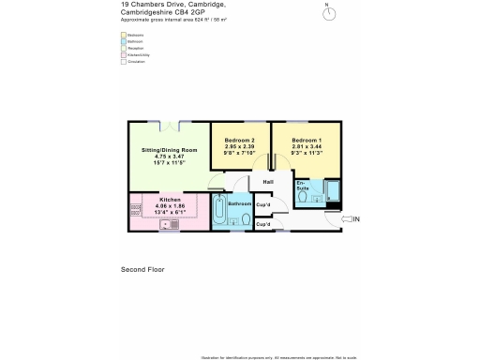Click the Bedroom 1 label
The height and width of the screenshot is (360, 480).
307,140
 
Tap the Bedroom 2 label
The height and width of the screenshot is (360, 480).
240,140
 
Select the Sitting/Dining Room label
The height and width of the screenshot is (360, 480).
170,150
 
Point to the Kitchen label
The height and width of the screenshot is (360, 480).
170,200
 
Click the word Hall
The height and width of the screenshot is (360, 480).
267,182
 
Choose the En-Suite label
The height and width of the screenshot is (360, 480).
302,187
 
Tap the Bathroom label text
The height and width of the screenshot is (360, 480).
240,203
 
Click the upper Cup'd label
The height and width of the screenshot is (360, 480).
263,204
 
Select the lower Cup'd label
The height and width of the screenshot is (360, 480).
263,225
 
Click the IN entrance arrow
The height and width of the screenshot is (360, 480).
349,219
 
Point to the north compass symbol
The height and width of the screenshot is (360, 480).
327,12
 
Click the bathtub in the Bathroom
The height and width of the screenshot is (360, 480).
218,213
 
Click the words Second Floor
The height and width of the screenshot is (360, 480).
142,269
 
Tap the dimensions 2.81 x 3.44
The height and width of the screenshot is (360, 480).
307,147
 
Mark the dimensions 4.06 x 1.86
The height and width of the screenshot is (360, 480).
170,206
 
